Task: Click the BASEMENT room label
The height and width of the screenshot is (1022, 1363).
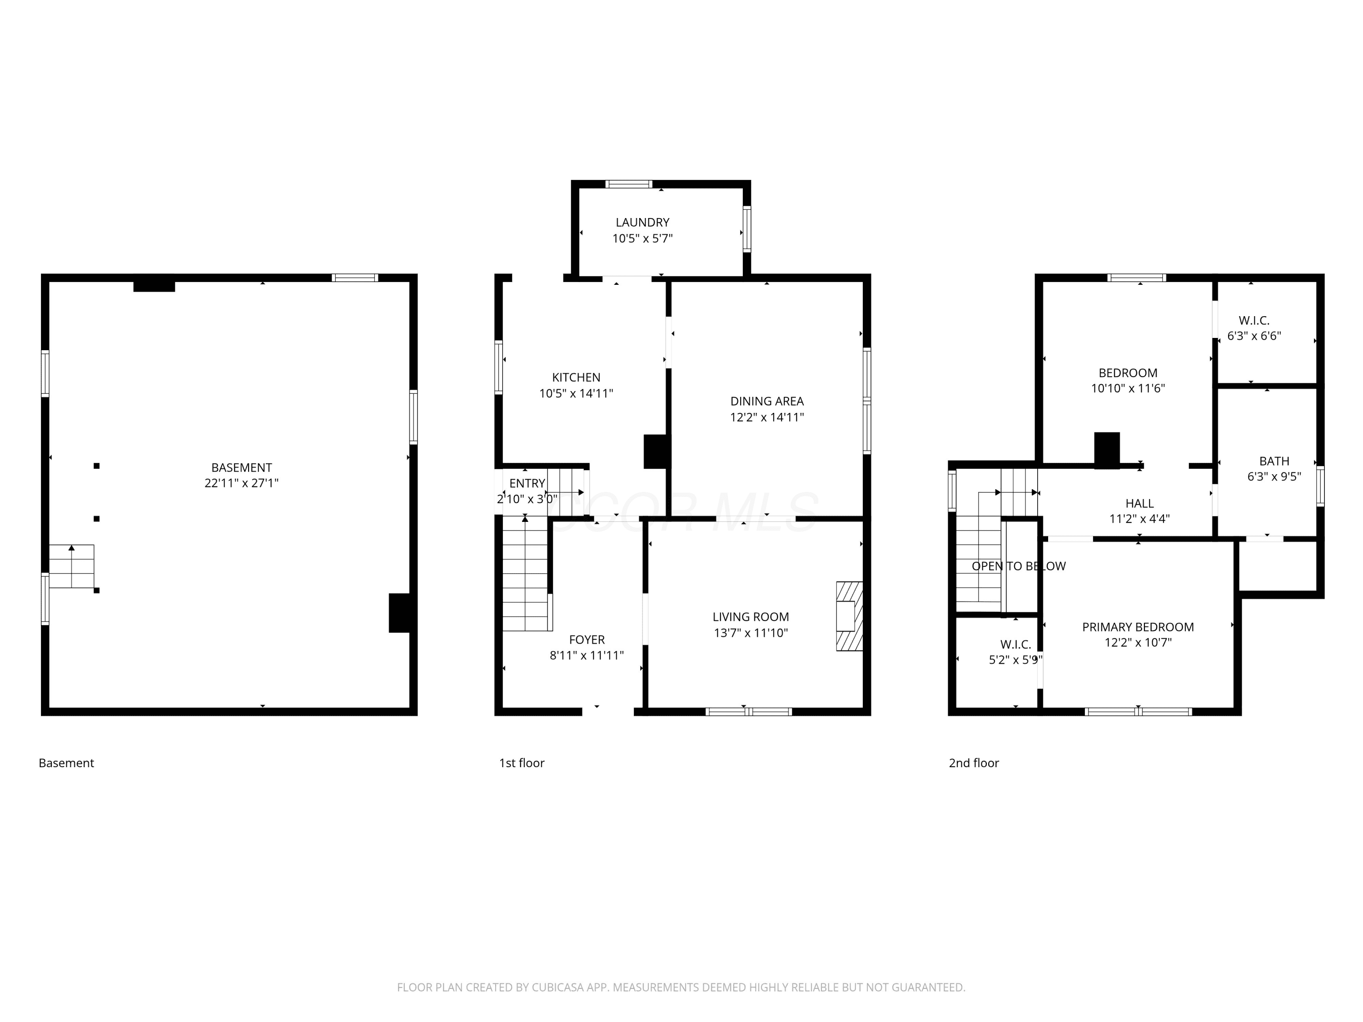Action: pyautogui.click(x=242, y=467)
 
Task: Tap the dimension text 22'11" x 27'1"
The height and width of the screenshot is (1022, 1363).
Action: pyautogui.click(x=242, y=483)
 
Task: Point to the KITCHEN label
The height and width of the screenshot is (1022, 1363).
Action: pyautogui.click(x=576, y=377)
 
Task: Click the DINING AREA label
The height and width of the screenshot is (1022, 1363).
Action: pyautogui.click(x=767, y=401)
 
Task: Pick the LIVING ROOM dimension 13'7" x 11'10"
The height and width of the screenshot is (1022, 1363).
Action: pyautogui.click(x=751, y=633)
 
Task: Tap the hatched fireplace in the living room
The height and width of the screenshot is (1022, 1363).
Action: pyautogui.click(x=849, y=616)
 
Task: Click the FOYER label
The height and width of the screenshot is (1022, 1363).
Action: pyautogui.click(x=587, y=640)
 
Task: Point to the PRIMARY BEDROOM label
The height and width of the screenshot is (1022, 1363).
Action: pyautogui.click(x=1138, y=627)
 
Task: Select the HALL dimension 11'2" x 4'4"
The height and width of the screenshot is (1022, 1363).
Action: pyautogui.click(x=1139, y=519)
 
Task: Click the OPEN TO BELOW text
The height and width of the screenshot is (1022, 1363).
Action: pyautogui.click(x=1019, y=566)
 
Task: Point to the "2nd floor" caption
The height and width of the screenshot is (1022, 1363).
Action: pyautogui.click(x=974, y=763)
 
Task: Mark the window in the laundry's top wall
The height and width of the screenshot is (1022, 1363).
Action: pyautogui.click(x=628, y=184)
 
